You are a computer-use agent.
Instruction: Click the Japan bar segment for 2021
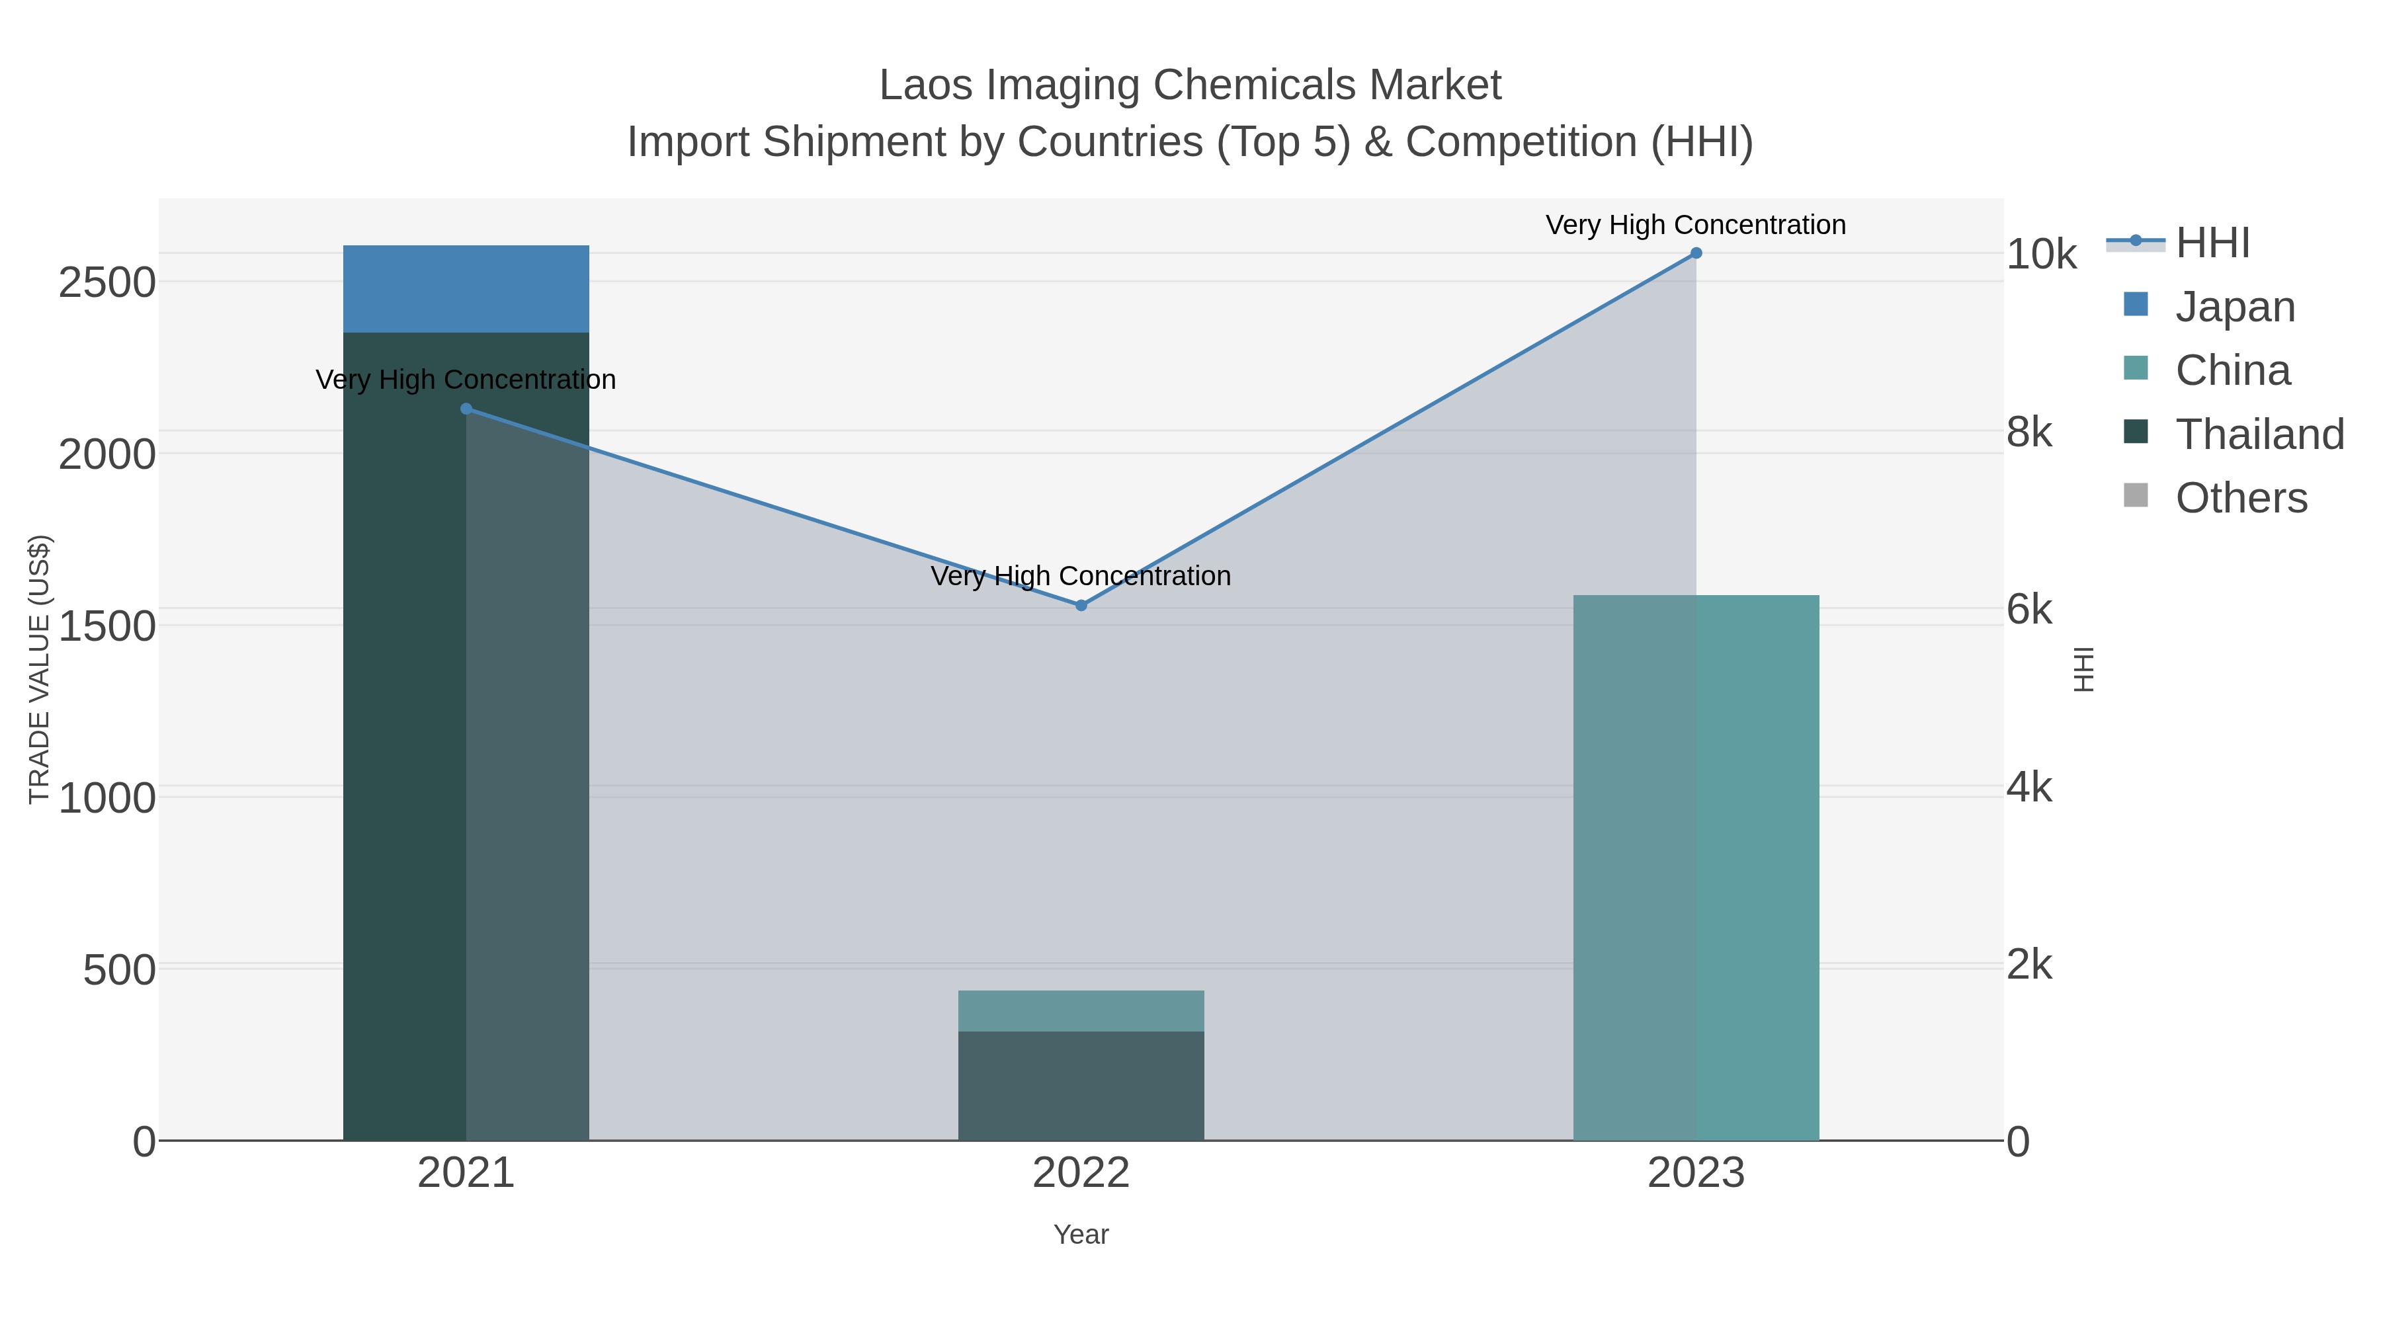point(466,288)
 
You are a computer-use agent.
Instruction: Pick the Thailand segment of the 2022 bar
point(1081,1085)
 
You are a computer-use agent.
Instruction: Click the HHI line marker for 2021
point(466,409)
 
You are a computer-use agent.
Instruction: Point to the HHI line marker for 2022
point(1081,605)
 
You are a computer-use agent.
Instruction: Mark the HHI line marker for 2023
point(1695,253)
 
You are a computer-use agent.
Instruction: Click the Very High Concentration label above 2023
point(1695,225)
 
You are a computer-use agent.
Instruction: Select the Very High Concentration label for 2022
point(1081,576)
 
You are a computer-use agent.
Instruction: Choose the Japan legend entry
point(2234,307)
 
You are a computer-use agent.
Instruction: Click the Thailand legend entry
point(2259,434)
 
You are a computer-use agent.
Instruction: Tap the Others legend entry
point(2241,498)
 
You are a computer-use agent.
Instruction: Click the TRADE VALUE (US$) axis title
point(40,669)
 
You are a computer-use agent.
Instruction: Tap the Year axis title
point(1081,1235)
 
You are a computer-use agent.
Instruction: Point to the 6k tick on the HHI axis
point(2030,610)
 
